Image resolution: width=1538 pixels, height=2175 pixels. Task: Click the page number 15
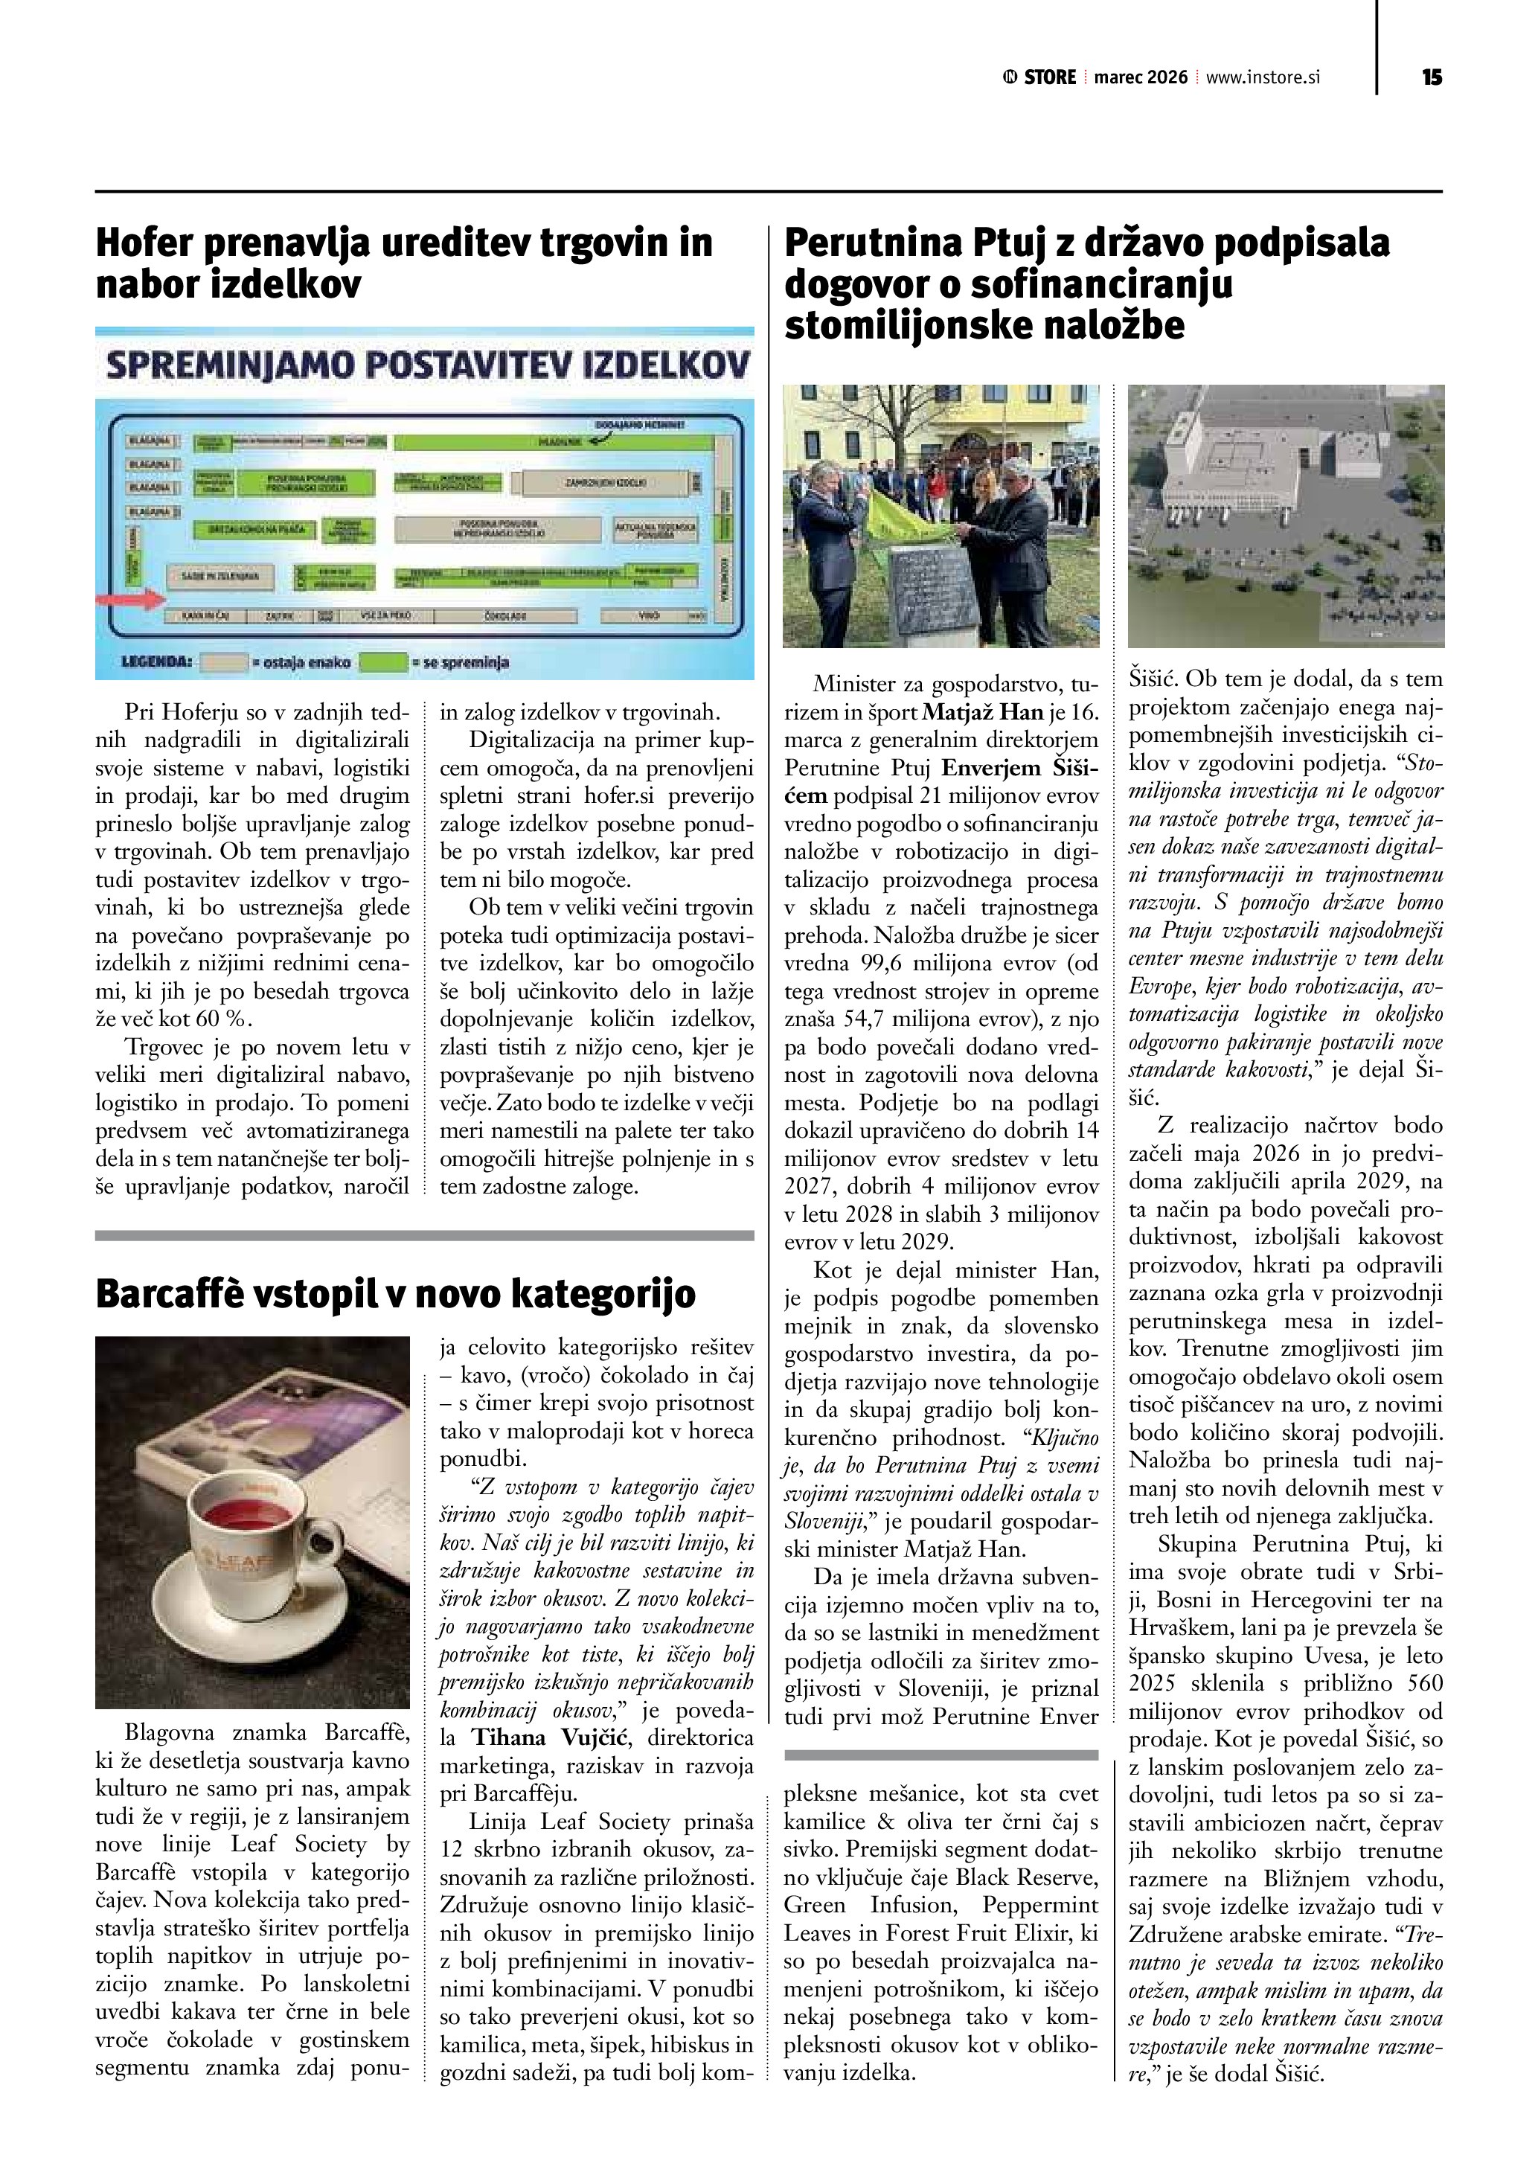(x=1431, y=77)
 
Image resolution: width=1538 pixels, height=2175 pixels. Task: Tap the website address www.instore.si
(x=1263, y=77)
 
